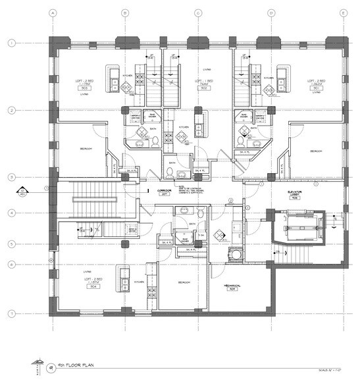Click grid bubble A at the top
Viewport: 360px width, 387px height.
point(52,12)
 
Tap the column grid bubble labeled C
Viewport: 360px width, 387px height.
point(197,12)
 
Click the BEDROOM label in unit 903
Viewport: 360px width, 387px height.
point(86,149)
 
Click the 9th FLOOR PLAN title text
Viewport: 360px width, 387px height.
point(68,363)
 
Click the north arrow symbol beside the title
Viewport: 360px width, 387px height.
point(34,363)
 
